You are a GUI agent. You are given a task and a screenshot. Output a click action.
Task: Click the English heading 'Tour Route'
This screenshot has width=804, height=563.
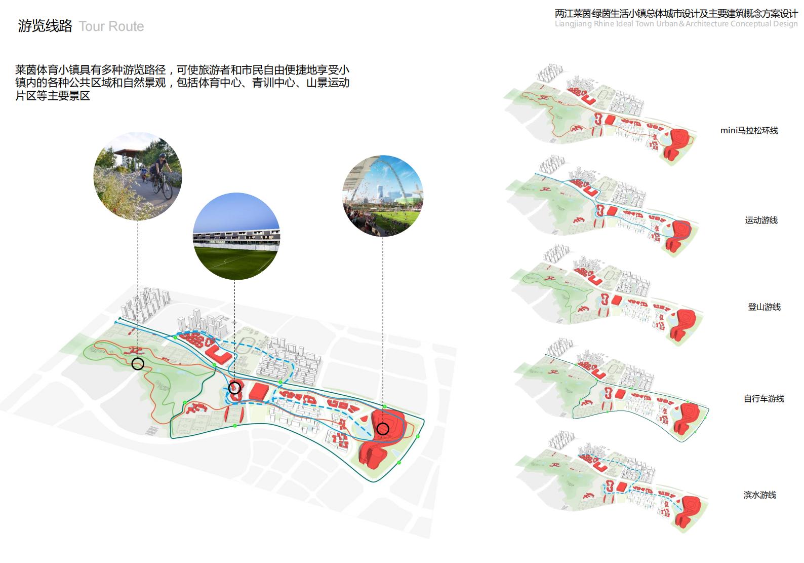click(111, 26)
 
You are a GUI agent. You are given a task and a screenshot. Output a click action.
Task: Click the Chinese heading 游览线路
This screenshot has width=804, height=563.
click(45, 26)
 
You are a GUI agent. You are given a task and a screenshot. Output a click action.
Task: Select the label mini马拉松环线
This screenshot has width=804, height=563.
click(749, 131)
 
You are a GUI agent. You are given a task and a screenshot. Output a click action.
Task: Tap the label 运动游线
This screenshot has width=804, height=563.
click(761, 220)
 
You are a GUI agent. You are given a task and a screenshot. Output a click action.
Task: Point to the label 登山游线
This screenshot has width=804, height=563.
click(764, 307)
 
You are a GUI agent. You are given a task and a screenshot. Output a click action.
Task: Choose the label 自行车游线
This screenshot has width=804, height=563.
click(763, 399)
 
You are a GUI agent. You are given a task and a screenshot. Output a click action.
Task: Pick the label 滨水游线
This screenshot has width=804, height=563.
click(759, 495)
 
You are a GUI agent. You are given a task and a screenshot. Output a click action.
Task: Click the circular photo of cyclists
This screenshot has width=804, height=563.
click(138, 176)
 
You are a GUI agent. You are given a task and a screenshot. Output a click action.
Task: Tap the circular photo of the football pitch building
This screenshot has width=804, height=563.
click(236, 236)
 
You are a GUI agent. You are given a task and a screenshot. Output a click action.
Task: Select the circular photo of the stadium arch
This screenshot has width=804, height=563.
click(383, 196)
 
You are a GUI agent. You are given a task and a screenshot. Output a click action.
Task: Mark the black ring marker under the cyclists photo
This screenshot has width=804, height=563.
click(138, 363)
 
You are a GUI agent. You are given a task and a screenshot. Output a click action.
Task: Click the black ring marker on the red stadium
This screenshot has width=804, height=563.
click(383, 429)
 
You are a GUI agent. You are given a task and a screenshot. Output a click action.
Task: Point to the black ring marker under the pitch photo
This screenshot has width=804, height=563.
click(234, 388)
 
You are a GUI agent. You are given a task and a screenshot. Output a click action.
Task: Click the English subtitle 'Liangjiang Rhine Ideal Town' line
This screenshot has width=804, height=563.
click(676, 24)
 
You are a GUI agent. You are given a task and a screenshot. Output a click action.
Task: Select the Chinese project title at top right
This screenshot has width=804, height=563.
click(676, 14)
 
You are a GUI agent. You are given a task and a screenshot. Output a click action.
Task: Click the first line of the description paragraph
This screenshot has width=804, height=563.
click(182, 70)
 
